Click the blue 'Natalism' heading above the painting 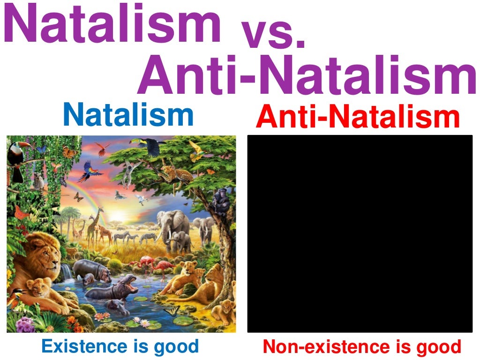pyautogui.click(x=128, y=115)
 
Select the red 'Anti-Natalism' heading pyautogui.click(x=358, y=117)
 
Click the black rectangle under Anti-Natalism pyautogui.click(x=360, y=233)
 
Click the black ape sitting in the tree pyautogui.click(x=220, y=202)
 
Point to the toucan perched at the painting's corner pyautogui.click(x=18, y=159)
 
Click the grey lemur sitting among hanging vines pyautogui.click(x=38, y=180)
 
